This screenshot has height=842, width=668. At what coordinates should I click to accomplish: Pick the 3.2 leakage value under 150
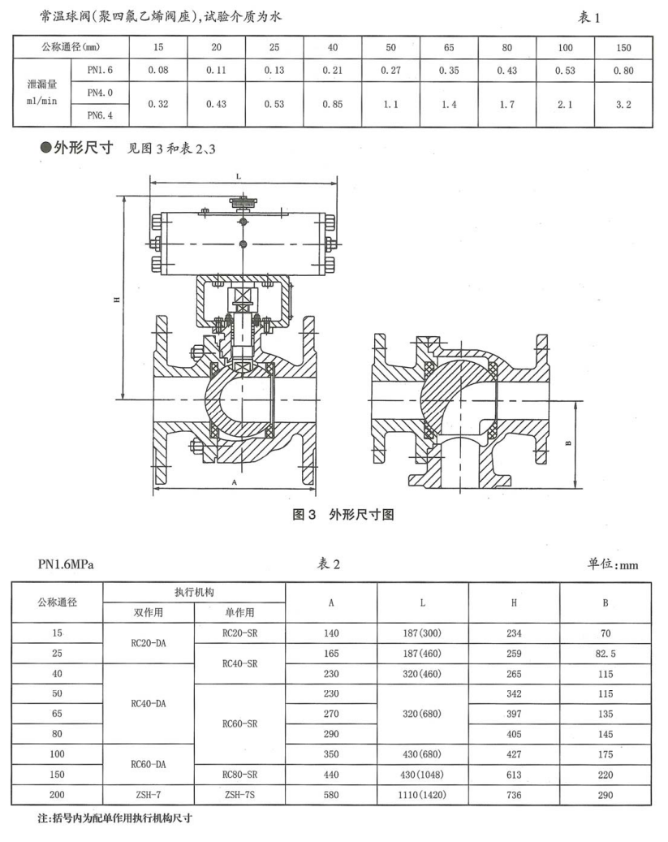(623, 105)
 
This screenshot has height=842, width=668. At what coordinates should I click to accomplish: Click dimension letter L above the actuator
(238, 175)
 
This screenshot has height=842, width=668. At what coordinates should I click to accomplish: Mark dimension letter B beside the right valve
(568, 443)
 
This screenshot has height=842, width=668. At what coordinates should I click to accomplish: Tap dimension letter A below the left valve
(234, 482)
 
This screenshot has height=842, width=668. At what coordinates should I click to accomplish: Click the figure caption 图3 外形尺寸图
(344, 515)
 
